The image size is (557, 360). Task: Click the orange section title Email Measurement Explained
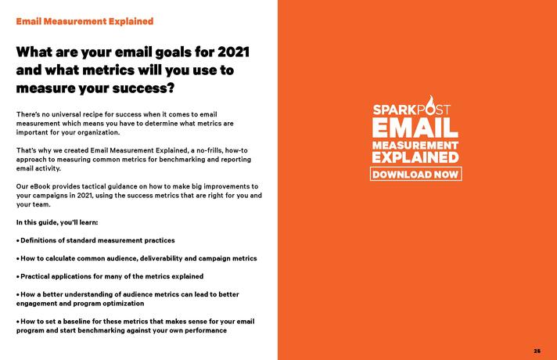(x=84, y=21)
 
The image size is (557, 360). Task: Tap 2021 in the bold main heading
(x=233, y=52)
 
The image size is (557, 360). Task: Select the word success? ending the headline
(x=143, y=88)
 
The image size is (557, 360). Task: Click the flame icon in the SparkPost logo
(x=430, y=104)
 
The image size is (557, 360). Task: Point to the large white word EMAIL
(x=415, y=128)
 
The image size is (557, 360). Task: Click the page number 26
(x=537, y=351)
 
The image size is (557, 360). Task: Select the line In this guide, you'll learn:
(x=57, y=222)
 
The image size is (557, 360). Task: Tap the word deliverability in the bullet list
(x=161, y=258)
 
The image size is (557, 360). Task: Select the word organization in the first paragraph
(x=98, y=132)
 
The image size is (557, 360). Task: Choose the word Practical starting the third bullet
(x=34, y=276)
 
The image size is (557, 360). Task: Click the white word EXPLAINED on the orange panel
(x=415, y=157)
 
